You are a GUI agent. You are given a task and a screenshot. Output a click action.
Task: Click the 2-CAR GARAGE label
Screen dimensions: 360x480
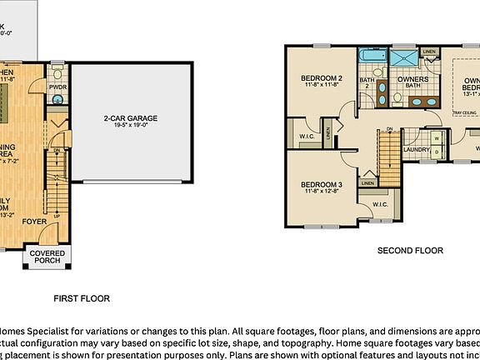[130, 118]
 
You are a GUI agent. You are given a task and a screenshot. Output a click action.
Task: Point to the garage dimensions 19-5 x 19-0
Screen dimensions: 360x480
[130, 127]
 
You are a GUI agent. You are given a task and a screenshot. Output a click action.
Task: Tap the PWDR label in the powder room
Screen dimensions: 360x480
[57, 86]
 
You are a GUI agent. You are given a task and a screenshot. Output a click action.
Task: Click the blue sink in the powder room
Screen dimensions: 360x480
[57, 99]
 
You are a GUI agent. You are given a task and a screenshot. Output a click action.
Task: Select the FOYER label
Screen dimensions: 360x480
[34, 222]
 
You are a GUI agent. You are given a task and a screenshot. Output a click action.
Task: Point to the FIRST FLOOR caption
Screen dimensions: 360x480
[82, 298]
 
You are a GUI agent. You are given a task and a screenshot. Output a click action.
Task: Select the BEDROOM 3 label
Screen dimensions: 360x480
[322, 184]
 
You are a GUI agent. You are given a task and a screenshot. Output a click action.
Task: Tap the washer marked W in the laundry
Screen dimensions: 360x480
[437, 139]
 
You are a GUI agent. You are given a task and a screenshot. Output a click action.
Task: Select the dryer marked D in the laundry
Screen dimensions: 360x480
[437, 152]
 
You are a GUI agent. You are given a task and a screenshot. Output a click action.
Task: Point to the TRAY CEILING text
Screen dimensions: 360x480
[463, 112]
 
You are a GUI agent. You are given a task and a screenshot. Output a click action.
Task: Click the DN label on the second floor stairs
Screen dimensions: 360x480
[389, 128]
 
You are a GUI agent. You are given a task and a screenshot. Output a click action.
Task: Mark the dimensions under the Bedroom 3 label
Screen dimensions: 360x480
[322, 192]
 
